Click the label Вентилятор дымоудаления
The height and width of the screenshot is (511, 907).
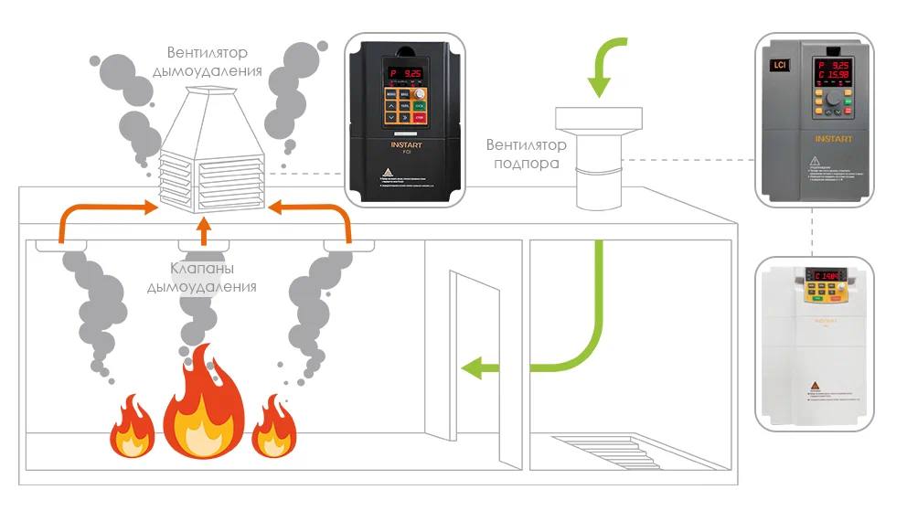click(214, 61)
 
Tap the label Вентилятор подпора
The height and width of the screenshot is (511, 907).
click(526, 154)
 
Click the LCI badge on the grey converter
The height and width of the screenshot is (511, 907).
click(780, 66)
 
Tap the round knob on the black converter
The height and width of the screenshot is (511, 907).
click(420, 95)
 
